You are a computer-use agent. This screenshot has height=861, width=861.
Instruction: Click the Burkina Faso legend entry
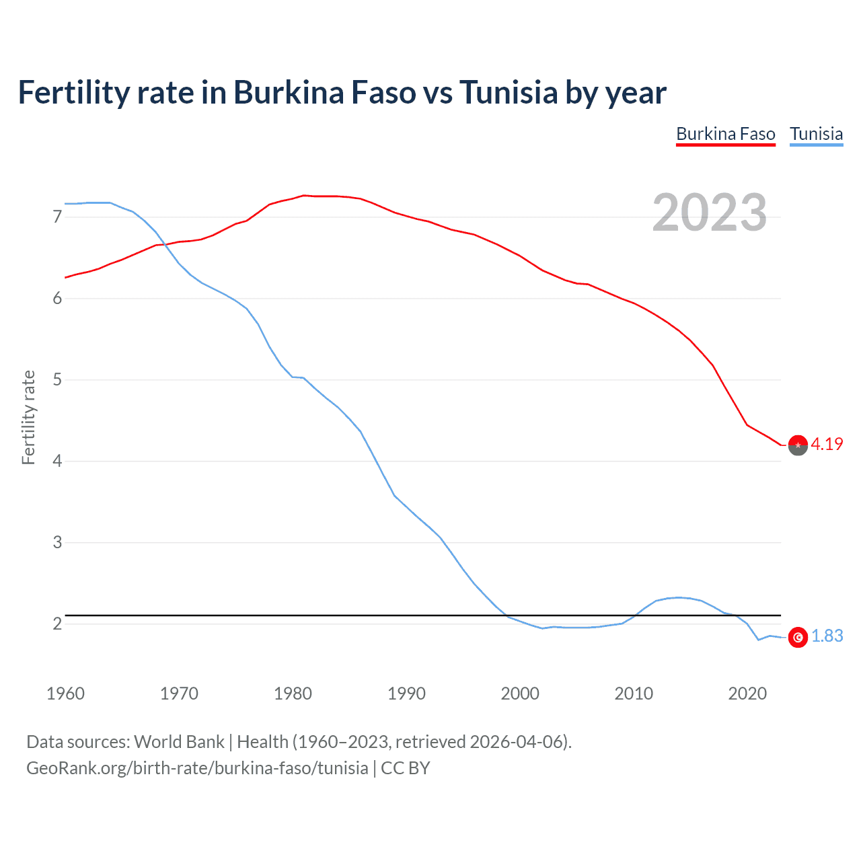(x=725, y=134)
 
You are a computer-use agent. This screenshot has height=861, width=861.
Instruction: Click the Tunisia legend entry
(x=816, y=134)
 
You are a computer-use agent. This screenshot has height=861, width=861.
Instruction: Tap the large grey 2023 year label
(x=709, y=213)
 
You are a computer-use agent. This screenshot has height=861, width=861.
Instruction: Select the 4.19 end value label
(x=827, y=444)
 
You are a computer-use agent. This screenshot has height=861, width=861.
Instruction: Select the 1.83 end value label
(x=827, y=636)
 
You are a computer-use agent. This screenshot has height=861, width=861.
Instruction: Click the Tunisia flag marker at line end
(x=798, y=637)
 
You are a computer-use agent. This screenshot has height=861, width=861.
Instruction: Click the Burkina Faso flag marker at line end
(x=798, y=445)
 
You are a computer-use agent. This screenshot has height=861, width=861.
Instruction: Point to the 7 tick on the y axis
(x=57, y=217)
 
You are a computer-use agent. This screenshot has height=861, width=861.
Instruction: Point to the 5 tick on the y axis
(x=57, y=379)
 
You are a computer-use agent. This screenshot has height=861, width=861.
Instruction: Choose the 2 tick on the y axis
(x=57, y=624)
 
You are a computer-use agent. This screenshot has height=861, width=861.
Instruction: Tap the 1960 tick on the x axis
(x=65, y=694)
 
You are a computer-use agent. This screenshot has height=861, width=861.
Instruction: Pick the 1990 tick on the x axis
(x=406, y=694)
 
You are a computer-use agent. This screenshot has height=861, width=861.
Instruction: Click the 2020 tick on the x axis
(x=747, y=694)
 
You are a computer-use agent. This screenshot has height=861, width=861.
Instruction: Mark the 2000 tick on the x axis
(x=520, y=694)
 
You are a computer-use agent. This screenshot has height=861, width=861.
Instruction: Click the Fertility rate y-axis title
(x=28, y=417)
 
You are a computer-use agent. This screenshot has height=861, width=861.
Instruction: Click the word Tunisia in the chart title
(x=509, y=92)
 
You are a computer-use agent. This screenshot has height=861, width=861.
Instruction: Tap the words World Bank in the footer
(x=179, y=742)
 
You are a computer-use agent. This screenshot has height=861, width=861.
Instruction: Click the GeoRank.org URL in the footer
(x=197, y=768)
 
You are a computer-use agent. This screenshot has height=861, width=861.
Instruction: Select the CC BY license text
(x=405, y=768)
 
